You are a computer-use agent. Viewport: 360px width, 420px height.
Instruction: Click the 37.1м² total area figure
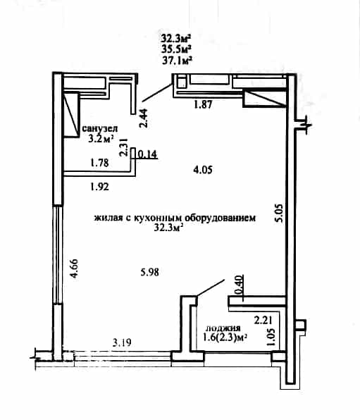(177, 61)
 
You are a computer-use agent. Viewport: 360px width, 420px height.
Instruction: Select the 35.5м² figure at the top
(176, 49)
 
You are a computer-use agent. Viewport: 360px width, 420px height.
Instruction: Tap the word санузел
(99, 128)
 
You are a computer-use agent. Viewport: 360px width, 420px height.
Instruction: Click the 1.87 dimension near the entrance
(203, 104)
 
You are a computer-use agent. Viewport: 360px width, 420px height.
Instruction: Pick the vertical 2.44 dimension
(144, 118)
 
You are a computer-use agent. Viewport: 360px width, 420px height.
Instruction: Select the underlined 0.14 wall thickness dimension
(147, 154)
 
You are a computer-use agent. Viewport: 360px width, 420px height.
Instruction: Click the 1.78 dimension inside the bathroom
(99, 163)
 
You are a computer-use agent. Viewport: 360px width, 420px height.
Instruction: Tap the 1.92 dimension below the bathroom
(100, 187)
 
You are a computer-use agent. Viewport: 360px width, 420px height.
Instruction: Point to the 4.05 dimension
(203, 170)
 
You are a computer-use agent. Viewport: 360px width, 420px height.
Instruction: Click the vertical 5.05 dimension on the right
(278, 213)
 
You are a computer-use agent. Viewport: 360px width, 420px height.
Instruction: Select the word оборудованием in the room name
(221, 218)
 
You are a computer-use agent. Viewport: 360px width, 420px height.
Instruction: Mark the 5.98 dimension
(150, 273)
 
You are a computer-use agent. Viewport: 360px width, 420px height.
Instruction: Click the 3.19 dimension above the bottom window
(122, 342)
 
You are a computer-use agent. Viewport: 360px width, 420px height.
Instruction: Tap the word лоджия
(223, 328)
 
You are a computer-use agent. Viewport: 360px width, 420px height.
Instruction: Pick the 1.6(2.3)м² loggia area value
(225, 338)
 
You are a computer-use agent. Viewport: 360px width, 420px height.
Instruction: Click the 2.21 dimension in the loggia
(263, 320)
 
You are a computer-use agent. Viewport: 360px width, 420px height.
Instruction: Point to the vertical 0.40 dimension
(240, 284)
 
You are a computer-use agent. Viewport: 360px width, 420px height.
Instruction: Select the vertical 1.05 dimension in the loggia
(271, 338)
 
